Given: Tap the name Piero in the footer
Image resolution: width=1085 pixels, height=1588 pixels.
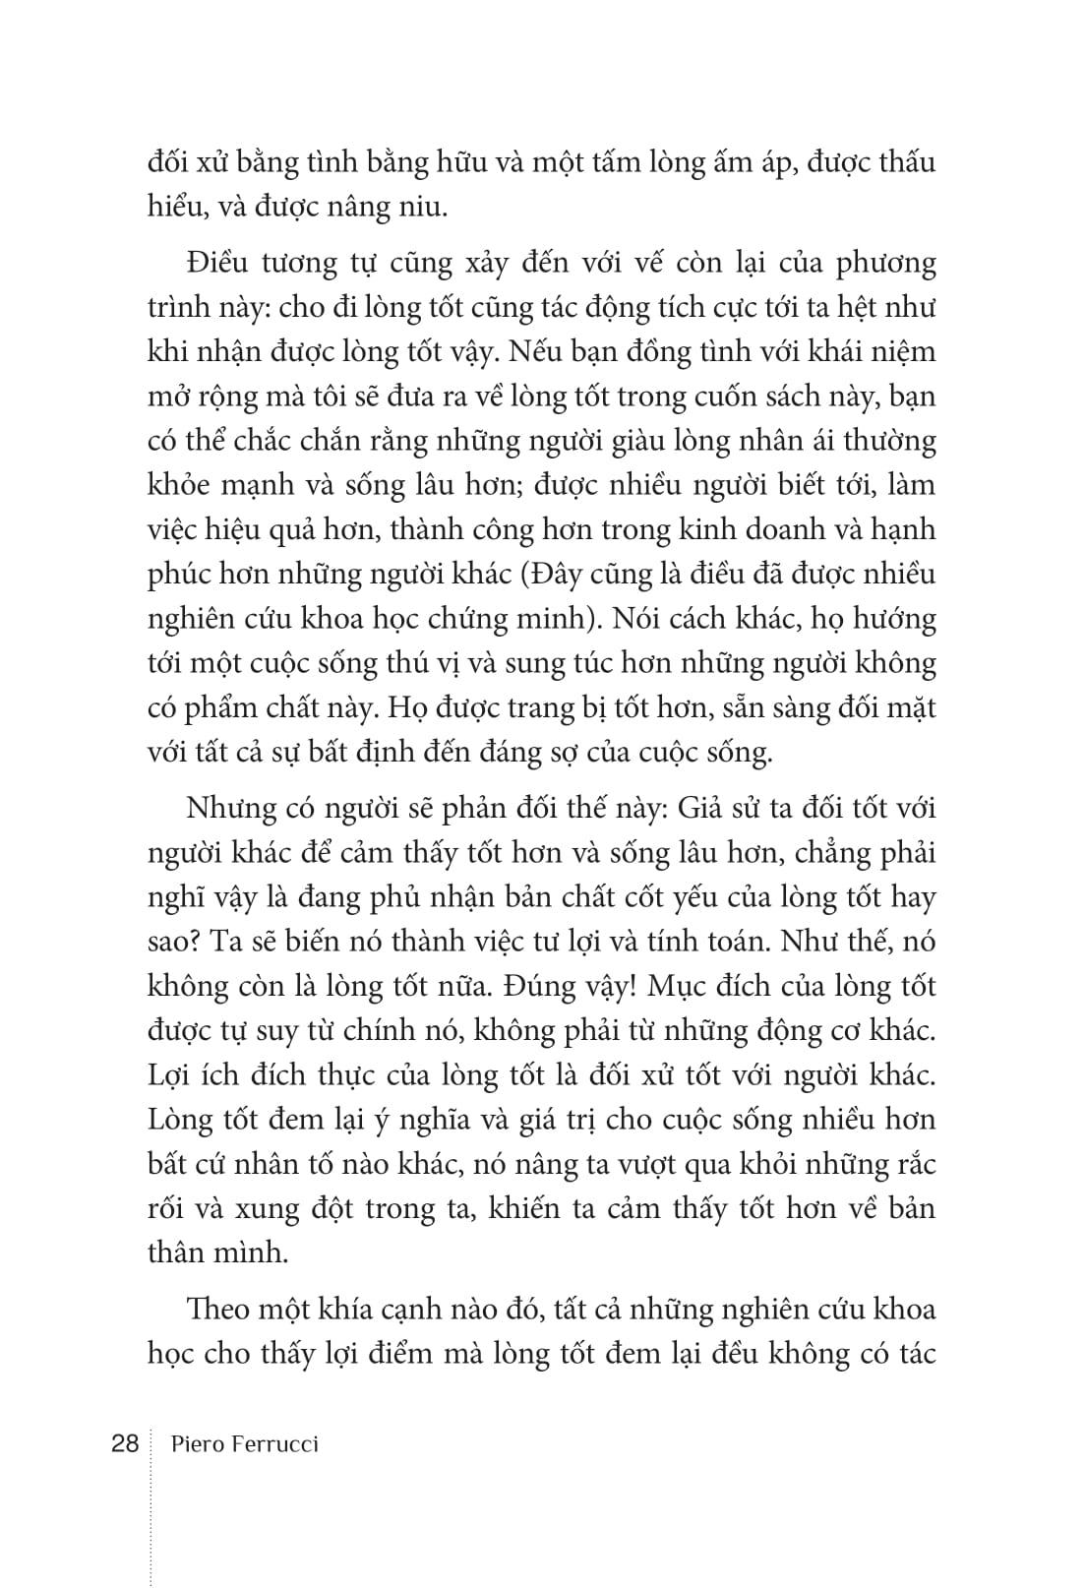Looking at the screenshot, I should point(196,1444).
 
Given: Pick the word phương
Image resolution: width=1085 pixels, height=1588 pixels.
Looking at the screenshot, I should point(880,264).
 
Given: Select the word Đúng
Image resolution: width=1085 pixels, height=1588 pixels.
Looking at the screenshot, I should point(549,987).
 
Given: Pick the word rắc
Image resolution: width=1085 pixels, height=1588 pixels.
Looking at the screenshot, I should point(910,1164).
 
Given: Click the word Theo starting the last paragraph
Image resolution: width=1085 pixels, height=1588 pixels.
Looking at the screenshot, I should point(219,1310).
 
